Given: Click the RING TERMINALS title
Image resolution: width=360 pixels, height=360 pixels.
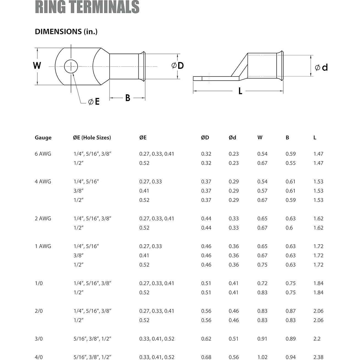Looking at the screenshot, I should (x=87, y=7).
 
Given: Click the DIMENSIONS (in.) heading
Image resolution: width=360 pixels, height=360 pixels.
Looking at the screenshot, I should (x=66, y=32).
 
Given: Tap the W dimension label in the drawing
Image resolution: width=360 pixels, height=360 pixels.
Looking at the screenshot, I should (x=37, y=66).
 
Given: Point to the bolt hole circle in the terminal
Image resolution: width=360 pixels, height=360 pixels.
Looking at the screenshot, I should (x=71, y=66).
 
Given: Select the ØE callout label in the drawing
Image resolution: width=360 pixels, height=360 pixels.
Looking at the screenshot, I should (x=94, y=102).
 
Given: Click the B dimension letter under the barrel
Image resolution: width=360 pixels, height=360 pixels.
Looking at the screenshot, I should (x=128, y=98).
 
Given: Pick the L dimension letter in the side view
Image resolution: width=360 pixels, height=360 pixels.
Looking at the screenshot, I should (x=240, y=91).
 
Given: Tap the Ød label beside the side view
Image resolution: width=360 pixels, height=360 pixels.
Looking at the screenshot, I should (x=321, y=68).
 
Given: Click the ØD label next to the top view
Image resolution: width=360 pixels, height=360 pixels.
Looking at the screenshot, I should (x=177, y=66).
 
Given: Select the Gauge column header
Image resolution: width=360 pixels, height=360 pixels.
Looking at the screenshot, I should (x=43, y=138).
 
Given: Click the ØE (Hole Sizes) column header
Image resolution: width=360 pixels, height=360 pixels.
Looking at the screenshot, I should (x=92, y=138).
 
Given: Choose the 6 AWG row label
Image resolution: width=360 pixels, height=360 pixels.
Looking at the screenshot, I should (x=43, y=154).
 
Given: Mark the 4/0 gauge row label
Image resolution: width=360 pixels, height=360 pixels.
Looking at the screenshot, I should (x=39, y=357).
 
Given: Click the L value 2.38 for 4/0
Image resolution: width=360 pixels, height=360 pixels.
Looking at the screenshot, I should (x=318, y=357).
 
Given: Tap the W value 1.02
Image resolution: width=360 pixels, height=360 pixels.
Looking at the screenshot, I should (x=262, y=357).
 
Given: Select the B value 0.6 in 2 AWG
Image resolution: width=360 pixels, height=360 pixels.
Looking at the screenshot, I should (x=289, y=228).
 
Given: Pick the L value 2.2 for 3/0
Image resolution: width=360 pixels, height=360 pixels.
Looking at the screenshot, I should (x=317, y=339).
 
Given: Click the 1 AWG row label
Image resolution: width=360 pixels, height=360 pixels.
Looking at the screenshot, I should (x=43, y=246).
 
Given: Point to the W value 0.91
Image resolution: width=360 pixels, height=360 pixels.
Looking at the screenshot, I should (x=262, y=339).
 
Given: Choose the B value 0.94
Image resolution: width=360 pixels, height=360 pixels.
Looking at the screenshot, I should (x=290, y=357).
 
